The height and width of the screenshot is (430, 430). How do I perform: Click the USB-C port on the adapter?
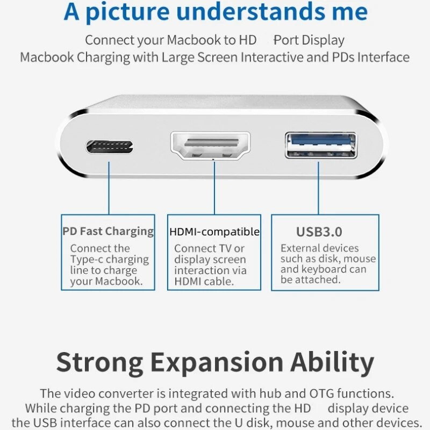click(110, 146)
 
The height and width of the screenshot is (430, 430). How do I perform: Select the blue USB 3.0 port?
click(321, 144)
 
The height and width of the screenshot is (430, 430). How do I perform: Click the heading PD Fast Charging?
click(108, 232)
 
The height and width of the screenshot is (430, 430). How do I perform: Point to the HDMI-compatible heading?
click(214, 232)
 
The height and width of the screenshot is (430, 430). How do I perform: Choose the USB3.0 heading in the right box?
click(319, 232)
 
